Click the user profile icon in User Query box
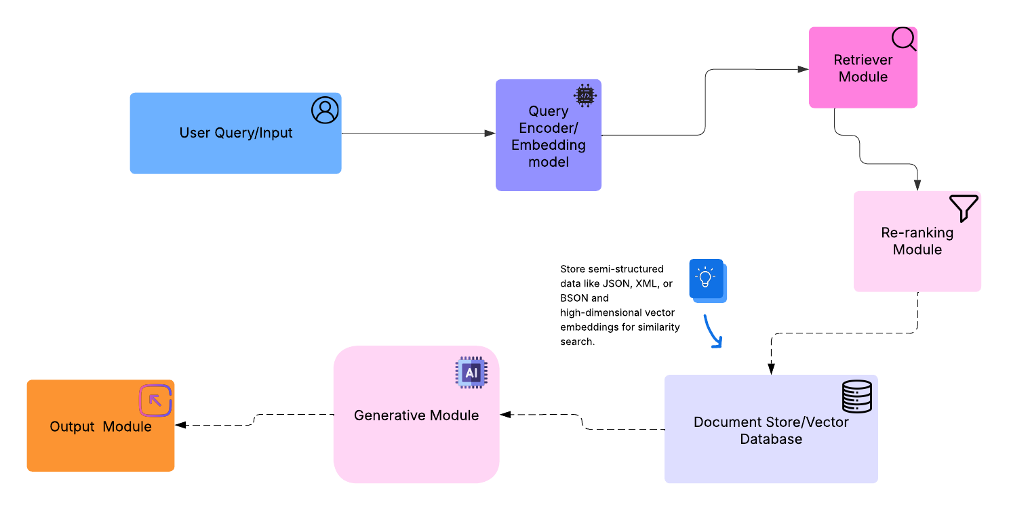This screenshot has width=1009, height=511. click(x=325, y=110)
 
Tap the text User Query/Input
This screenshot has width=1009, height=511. click(x=236, y=133)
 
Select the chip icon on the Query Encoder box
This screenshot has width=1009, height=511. click(x=585, y=96)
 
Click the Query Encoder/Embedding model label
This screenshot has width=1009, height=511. click(x=549, y=136)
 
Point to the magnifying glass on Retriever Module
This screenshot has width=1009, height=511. click(x=903, y=39)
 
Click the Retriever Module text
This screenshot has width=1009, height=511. click(x=863, y=68)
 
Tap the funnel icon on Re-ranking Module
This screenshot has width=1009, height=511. click(x=964, y=208)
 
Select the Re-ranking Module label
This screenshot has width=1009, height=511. click(x=917, y=241)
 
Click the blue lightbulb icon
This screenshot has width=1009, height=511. click(x=707, y=279)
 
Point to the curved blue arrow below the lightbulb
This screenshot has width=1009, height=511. click(x=712, y=331)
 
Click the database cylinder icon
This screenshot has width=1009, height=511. click(x=857, y=396)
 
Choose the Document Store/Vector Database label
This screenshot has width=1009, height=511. click(x=771, y=430)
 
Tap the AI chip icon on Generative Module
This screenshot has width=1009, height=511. click(x=471, y=373)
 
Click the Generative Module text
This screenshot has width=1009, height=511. click(x=416, y=415)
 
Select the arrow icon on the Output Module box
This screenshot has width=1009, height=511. click(x=155, y=401)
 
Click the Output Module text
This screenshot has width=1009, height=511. click(x=100, y=427)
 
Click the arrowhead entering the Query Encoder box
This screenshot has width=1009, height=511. click(x=490, y=134)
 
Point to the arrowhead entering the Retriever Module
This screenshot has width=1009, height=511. click(x=803, y=69)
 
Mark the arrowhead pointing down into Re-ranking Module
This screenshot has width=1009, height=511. click(x=917, y=185)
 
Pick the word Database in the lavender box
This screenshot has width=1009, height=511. click(x=771, y=439)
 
